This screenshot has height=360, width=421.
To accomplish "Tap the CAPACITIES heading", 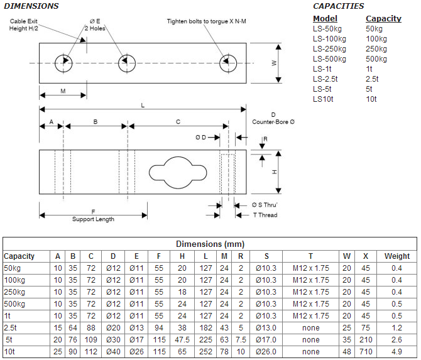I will (338, 6).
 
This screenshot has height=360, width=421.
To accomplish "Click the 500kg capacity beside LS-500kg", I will (376, 58).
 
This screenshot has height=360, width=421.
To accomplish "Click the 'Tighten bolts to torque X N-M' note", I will (207, 21).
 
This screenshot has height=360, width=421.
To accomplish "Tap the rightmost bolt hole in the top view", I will (227, 62).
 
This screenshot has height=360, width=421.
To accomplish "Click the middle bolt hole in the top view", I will (126, 62).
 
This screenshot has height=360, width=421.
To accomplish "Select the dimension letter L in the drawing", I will (142, 106).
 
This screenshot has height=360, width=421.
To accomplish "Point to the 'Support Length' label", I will (93, 219).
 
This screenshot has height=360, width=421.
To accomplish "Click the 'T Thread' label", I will (265, 215).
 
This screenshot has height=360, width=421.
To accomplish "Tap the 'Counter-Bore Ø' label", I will (273, 121).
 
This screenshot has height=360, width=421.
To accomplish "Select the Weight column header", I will (396, 256).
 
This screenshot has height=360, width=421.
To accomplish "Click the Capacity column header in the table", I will (19, 256).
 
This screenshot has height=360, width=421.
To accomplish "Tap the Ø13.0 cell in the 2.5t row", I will (266, 328).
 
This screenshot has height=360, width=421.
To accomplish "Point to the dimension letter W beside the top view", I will (274, 62).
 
